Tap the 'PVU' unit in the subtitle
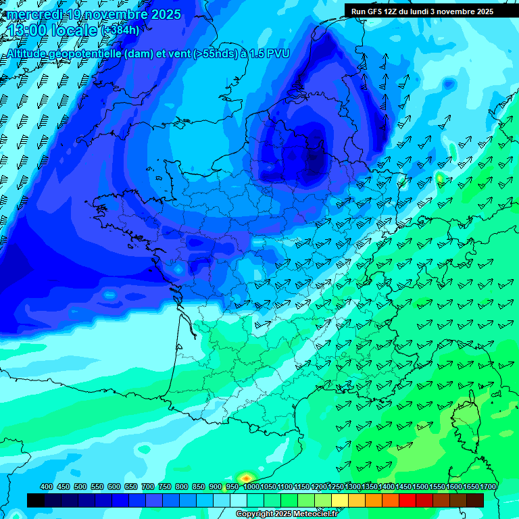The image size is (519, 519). pos(278,53)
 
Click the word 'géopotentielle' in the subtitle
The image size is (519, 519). pos(83,53)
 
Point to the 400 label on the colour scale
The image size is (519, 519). pos(47,487)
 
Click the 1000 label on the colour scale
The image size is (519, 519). pos(251,487)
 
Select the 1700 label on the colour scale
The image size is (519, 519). pos(487,487)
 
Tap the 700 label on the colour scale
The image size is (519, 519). pos(148,487)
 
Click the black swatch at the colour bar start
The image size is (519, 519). pos(36,500)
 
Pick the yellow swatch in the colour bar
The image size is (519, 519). pos(340,500)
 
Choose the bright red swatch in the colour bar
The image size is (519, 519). pos(407,500)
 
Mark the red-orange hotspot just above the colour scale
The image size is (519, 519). pos(245,478)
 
